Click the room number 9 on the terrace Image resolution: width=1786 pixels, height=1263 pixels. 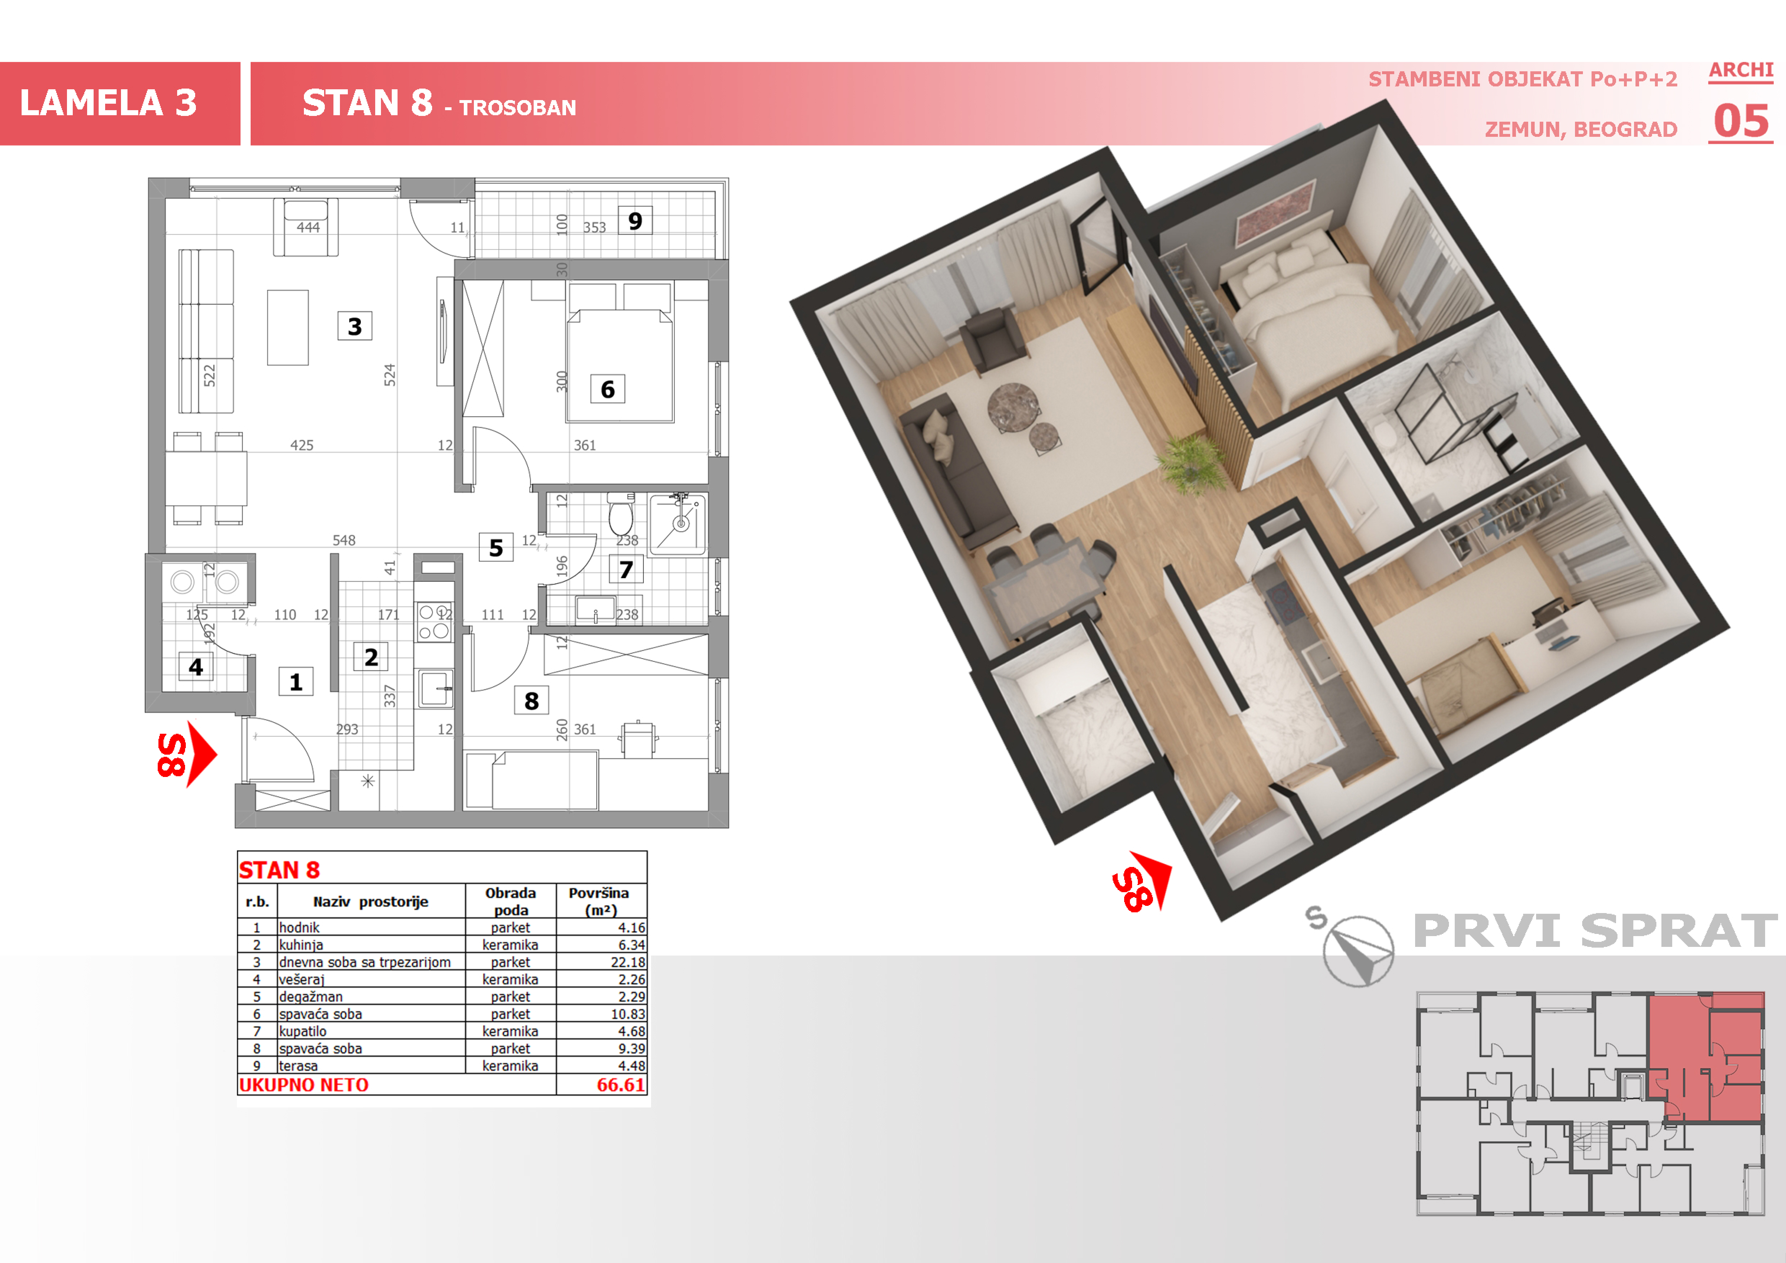(635, 221)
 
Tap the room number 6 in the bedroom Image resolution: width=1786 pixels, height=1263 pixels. (607, 389)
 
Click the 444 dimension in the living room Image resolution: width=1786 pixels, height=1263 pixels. (308, 227)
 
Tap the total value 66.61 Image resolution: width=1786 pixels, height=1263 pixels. (621, 1085)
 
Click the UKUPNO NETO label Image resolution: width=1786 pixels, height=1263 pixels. (304, 1085)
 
